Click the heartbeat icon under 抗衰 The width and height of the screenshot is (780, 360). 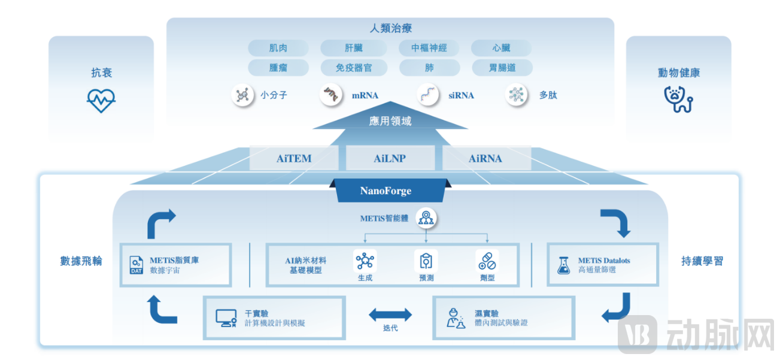(101, 100)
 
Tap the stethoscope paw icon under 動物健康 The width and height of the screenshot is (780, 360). (678, 99)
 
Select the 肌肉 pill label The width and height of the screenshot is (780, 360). (278, 48)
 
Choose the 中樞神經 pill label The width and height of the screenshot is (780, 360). (429, 48)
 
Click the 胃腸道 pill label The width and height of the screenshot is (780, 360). (502, 68)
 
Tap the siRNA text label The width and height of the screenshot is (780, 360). (461, 95)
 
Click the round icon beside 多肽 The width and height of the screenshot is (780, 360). (517, 95)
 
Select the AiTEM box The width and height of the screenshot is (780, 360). (294, 159)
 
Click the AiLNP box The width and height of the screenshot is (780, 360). (390, 159)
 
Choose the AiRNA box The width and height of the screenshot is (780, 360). (485, 159)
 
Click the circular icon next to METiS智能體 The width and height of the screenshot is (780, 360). (426, 219)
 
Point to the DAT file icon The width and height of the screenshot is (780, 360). (136, 265)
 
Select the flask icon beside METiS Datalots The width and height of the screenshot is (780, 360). (563, 265)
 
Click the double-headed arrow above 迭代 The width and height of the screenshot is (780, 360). (390, 314)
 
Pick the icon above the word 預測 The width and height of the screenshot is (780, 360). (426, 261)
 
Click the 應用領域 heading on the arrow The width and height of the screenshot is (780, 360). (390, 121)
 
